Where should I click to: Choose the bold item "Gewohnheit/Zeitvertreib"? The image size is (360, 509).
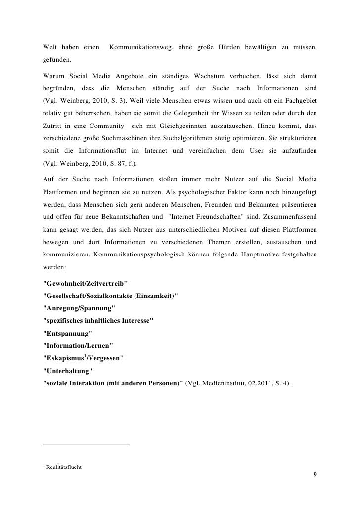pyautogui.click(x=86, y=283)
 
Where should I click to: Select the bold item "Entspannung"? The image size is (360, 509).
pyautogui.click(x=68, y=333)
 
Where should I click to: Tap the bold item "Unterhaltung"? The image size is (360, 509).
pyautogui.click(x=68, y=371)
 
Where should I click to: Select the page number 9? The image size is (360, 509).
pyautogui.click(x=315, y=475)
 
